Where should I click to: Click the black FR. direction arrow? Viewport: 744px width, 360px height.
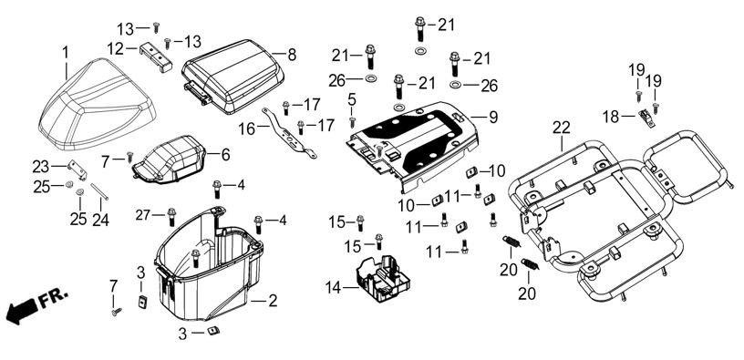coord(22,312)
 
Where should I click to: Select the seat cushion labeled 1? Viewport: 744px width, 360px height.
coord(98,103)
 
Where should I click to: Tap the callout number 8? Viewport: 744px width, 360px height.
coord(292,55)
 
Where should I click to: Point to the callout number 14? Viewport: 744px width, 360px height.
coord(333,287)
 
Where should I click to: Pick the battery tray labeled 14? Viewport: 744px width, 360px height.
coord(383,278)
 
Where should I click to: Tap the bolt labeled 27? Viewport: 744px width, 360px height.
coord(171,216)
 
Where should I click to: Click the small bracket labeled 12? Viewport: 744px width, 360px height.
coord(156,57)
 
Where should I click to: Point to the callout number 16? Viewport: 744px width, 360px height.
coord(247,129)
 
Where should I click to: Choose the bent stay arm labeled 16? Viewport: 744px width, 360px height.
coord(288,133)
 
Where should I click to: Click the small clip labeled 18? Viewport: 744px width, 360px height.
coord(646,118)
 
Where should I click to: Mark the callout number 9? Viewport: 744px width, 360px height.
coord(493,118)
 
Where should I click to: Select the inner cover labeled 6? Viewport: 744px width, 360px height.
coord(170,159)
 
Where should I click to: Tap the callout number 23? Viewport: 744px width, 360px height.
coord(40,167)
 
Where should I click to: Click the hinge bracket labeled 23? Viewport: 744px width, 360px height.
coord(77,170)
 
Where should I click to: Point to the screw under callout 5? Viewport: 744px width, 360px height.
coord(352,122)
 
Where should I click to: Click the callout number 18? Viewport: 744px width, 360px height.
coord(611,117)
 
